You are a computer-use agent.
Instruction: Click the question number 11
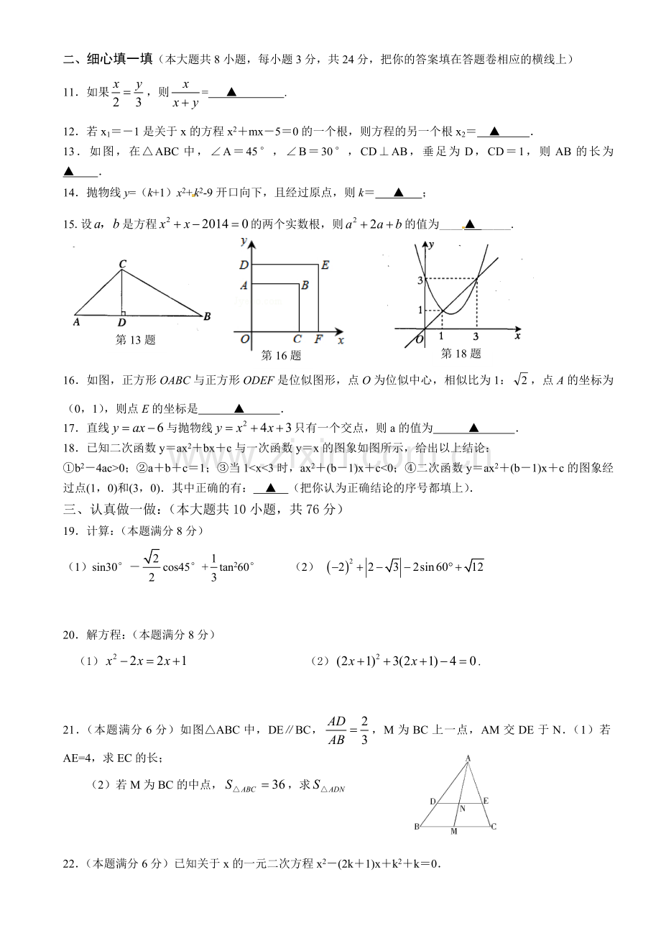[70, 92]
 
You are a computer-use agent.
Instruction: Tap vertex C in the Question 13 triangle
[122, 265]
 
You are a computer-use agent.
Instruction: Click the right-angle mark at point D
[124, 313]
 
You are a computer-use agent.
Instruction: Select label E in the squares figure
[325, 265]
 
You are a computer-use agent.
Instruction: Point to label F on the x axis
[318, 339]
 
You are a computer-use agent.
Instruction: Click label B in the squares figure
[305, 285]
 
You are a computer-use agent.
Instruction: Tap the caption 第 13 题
[135, 340]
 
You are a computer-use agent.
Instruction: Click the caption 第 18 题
[460, 353]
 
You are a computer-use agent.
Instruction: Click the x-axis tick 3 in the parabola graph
[476, 336]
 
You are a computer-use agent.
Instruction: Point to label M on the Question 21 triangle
[453, 832]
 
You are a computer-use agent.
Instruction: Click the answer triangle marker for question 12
[494, 131]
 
